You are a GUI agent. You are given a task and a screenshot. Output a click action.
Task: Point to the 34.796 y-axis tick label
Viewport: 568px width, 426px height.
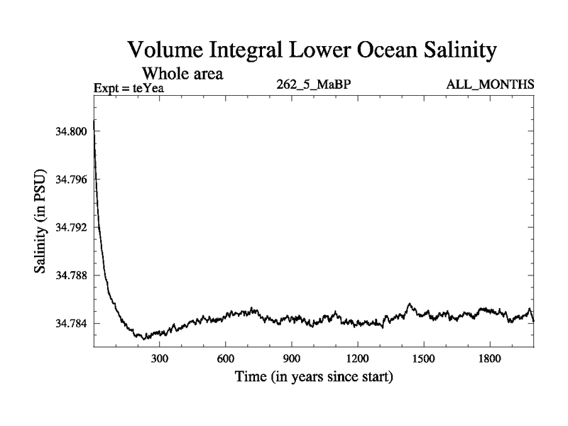(x=70, y=180)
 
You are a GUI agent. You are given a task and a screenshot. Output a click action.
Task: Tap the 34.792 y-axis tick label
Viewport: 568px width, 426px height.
(x=70, y=227)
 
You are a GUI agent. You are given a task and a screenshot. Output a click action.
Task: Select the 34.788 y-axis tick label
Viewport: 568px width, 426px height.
(x=70, y=275)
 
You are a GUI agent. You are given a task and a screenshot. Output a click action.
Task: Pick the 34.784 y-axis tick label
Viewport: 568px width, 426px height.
(x=70, y=323)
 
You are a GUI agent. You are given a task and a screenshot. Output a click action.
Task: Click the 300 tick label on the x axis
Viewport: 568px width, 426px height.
(x=160, y=359)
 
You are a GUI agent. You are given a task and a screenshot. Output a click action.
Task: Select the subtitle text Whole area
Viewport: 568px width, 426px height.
(x=184, y=73)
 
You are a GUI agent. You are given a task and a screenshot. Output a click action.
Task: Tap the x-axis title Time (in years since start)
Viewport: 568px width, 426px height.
(x=314, y=376)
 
